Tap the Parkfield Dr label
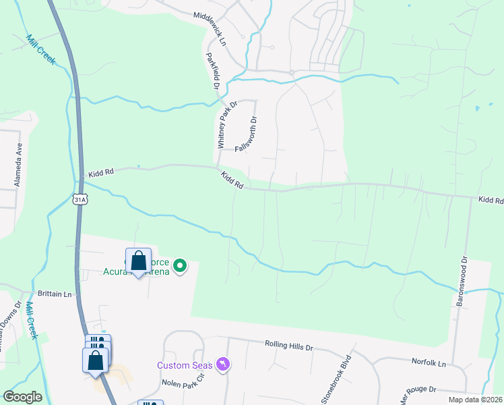click(212, 72)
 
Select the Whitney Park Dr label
click(227, 125)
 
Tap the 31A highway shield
click(80, 199)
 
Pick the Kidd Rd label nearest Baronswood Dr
click(491, 200)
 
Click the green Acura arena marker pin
click(180, 266)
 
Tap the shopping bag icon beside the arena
click(138, 261)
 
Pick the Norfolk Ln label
click(429, 363)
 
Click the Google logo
click(23, 396)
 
